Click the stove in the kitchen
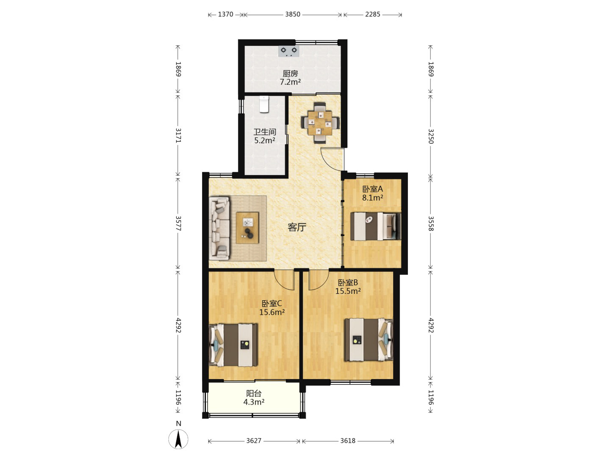tap(289, 51)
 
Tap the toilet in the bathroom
tap(264, 104)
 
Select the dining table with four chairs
tap(320, 123)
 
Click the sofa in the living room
tap(219, 228)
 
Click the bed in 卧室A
tap(375, 226)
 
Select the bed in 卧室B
tap(369, 340)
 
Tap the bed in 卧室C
tap(233, 345)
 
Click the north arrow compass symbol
tap(178, 439)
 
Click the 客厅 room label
tap(297, 227)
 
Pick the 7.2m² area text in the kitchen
tap(290, 82)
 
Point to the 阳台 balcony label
tap(254, 394)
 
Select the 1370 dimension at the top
tap(225, 14)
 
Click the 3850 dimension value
tap(293, 14)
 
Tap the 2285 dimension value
tap(372, 14)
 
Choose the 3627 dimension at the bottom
tap(254, 441)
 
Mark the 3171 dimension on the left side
tap(178, 136)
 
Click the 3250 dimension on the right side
tap(430, 136)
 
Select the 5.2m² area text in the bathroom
tap(265, 140)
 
